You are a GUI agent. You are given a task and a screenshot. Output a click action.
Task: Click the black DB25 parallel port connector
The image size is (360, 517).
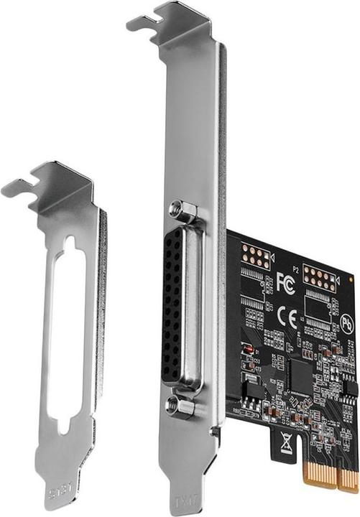[172, 309]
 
